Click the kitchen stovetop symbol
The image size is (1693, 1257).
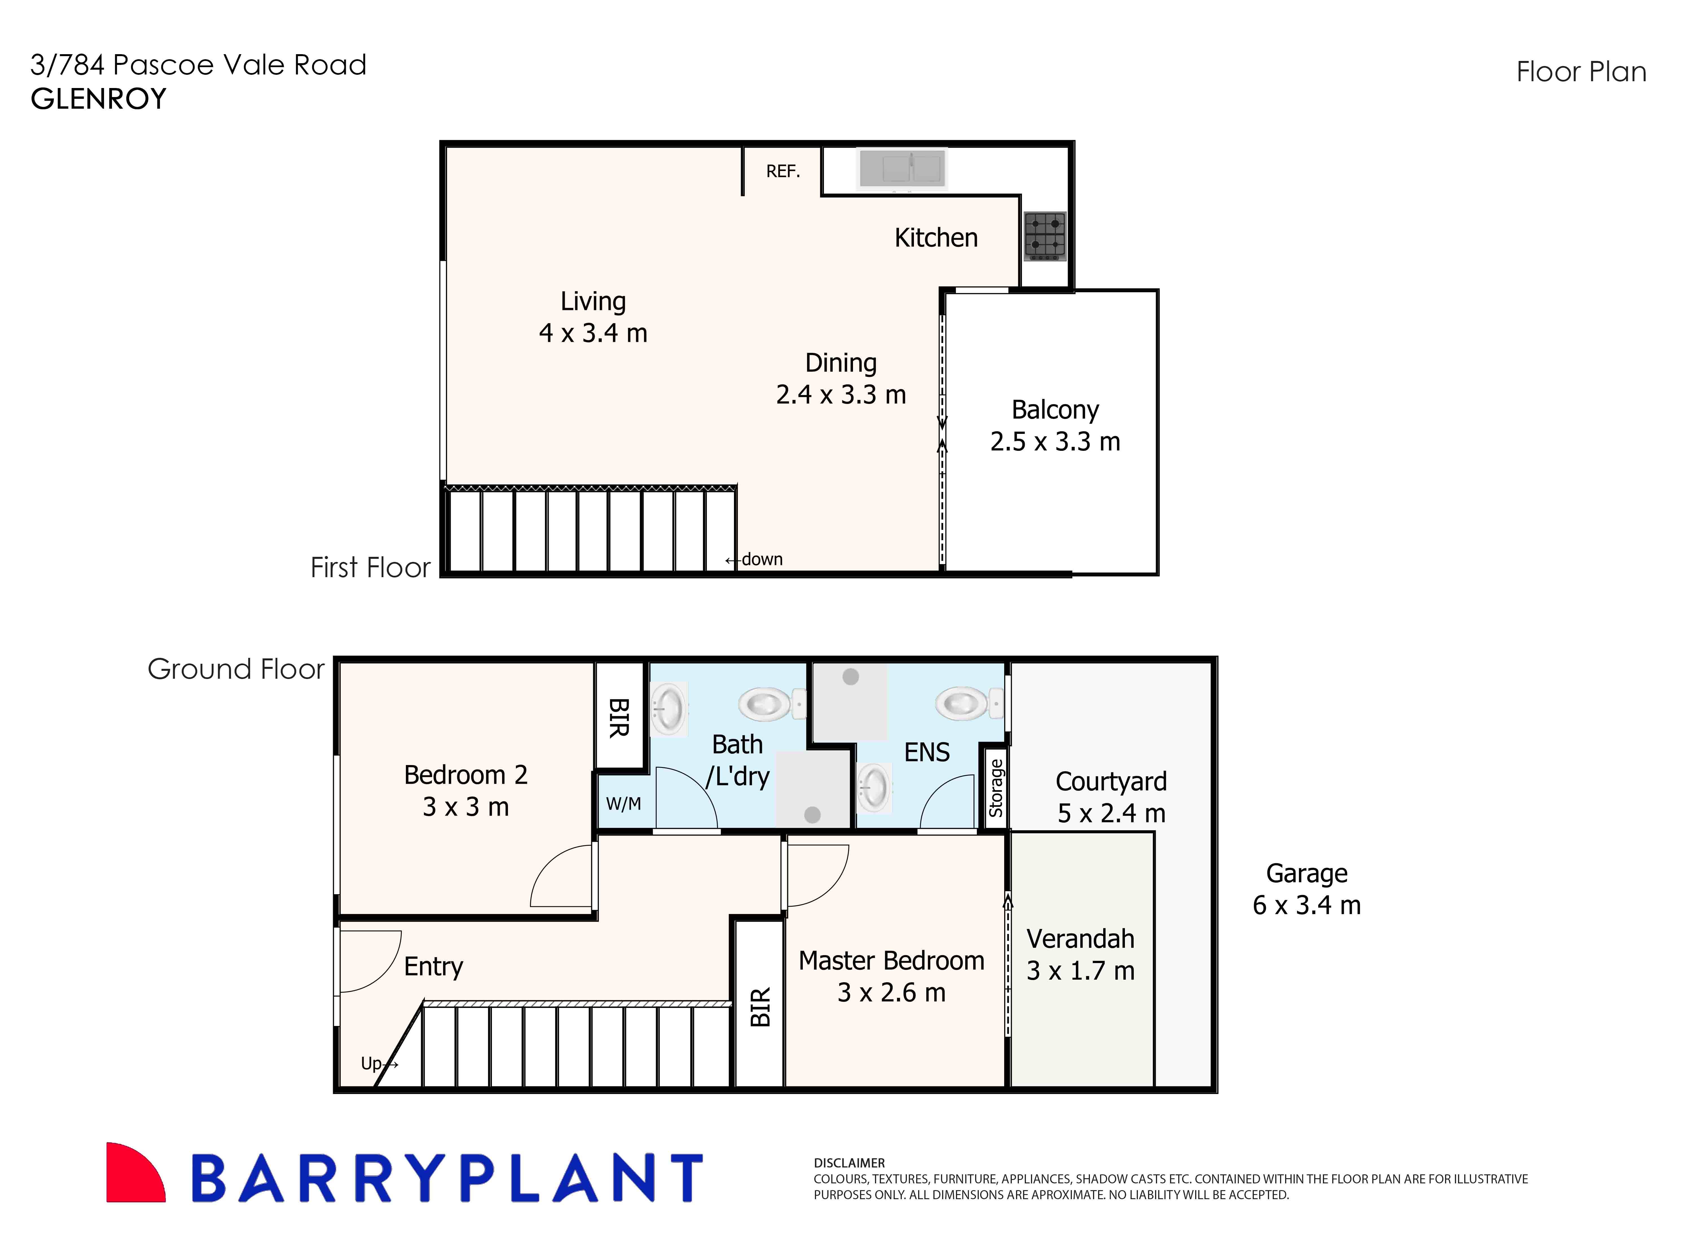[x=1045, y=236]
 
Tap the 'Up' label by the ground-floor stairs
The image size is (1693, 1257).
[x=371, y=1063]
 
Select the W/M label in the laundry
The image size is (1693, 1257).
[x=623, y=803]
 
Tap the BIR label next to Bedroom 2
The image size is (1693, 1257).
[x=619, y=718]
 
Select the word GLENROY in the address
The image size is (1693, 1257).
[x=98, y=99]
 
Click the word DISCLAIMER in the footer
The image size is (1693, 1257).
[x=849, y=1163]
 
